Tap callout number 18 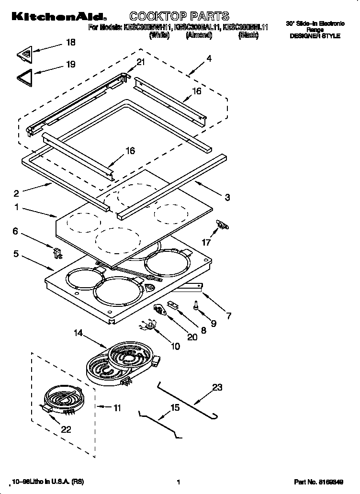click(x=70, y=43)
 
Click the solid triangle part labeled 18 click(x=27, y=54)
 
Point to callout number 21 click(x=140, y=61)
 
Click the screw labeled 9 click(x=197, y=304)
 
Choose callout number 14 click(x=79, y=332)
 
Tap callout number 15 click(x=175, y=407)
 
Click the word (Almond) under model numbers click(x=199, y=35)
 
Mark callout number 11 click(x=117, y=408)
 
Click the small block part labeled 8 click(x=172, y=305)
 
